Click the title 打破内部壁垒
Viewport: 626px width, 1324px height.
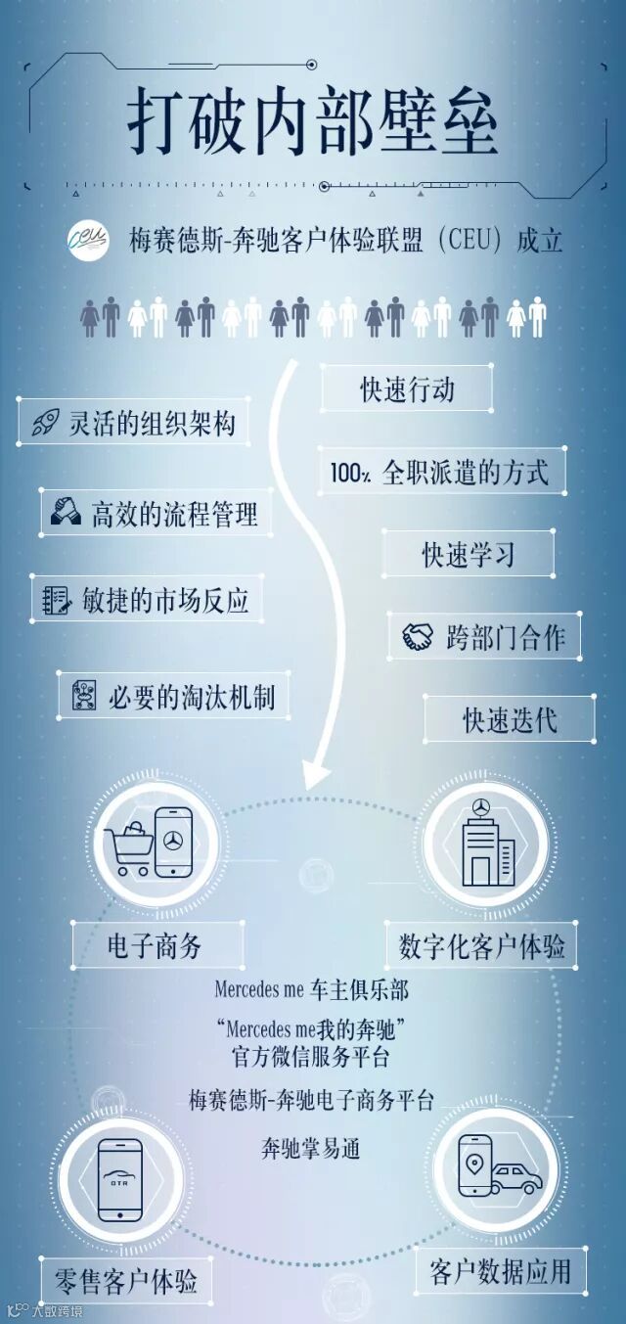(312, 125)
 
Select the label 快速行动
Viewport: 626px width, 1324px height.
(406, 389)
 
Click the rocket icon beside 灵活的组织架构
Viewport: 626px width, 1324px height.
(44, 424)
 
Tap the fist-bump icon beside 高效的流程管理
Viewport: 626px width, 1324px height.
(67, 513)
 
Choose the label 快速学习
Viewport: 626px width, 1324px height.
(468, 555)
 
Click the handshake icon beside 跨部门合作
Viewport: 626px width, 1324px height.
(418, 637)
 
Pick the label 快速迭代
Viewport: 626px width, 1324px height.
(510, 719)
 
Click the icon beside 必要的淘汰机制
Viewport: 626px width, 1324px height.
(82, 696)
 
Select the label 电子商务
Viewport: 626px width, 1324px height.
(156, 944)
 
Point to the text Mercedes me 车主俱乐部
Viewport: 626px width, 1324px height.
(311, 989)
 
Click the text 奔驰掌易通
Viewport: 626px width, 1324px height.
(311, 1147)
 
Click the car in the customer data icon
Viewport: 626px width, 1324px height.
(514, 1179)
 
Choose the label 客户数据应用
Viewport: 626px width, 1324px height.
(500, 1271)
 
